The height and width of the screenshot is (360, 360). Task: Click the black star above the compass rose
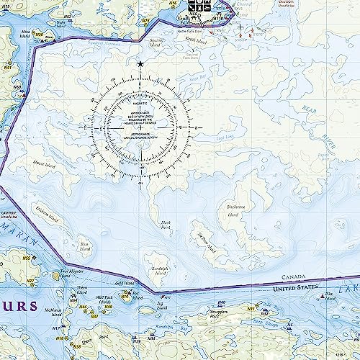point(140,65)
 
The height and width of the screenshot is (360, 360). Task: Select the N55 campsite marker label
point(26,258)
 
